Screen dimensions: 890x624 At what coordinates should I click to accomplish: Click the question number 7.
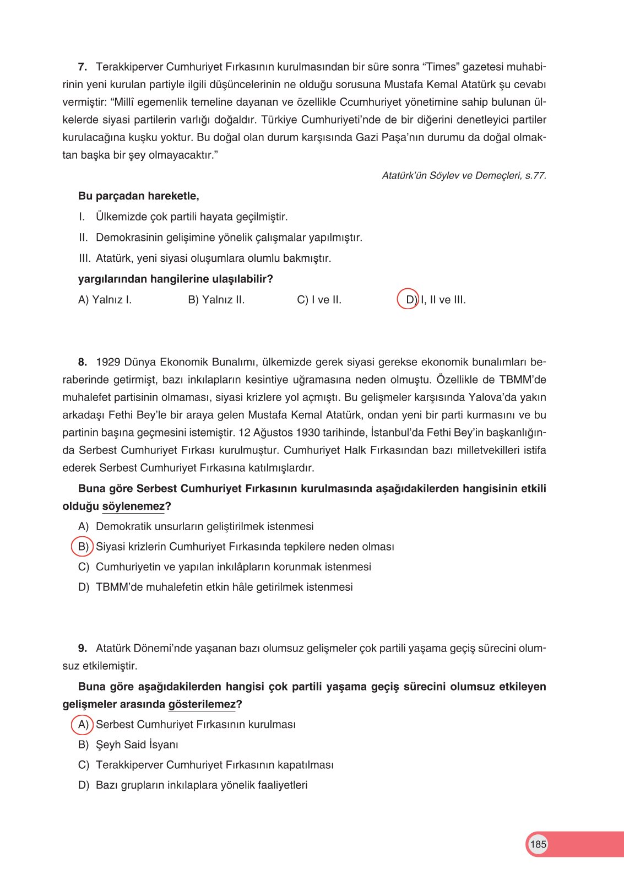82,67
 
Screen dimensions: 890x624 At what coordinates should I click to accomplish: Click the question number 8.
82,363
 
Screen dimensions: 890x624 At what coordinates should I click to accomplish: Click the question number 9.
82,649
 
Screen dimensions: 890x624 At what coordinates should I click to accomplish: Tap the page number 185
538,844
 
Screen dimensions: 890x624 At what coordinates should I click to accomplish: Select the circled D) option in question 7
409,300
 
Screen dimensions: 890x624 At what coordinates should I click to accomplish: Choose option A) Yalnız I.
105,300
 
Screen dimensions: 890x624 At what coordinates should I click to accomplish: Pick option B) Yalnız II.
216,300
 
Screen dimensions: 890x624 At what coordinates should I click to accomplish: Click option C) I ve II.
319,300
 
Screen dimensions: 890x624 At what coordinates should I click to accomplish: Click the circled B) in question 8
83,547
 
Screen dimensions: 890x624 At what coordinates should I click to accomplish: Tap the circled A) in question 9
83,725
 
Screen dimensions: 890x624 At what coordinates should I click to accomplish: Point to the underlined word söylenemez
133,506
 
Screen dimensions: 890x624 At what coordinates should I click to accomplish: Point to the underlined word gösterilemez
202,704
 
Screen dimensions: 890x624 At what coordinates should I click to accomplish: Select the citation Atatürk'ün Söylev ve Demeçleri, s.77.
464,176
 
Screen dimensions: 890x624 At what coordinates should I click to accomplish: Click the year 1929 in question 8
107,363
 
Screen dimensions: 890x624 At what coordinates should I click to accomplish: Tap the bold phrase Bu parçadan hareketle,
138,196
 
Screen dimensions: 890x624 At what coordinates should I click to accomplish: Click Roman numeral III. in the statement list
84,258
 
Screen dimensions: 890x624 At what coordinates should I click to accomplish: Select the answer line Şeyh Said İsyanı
137,745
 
